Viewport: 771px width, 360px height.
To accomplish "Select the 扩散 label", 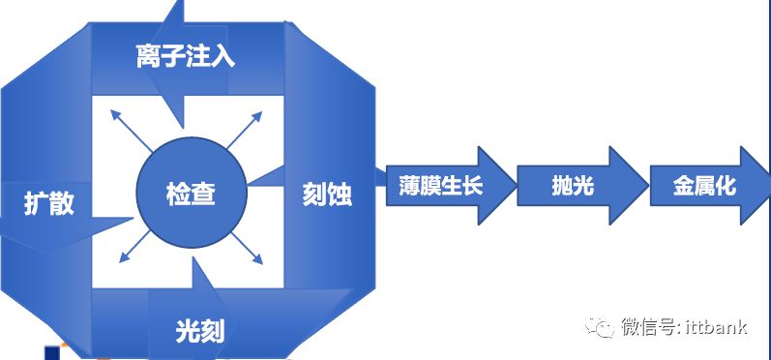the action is tap(49, 204).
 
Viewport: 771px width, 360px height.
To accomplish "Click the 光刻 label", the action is tap(200, 331).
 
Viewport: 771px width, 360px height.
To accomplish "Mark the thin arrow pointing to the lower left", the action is tap(129, 252).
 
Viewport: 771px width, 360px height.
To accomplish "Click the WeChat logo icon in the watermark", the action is tap(604, 327).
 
